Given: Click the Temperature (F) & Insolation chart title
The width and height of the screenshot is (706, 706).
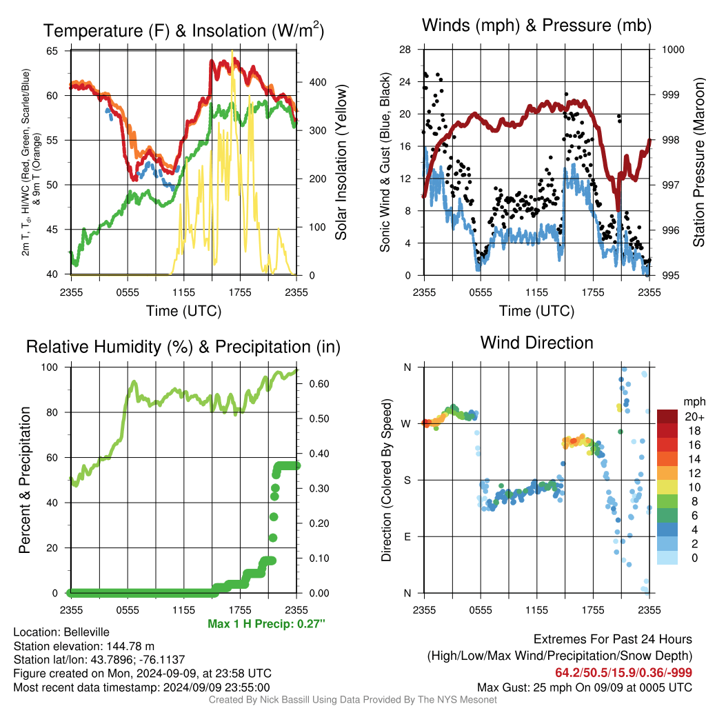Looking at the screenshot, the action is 183,30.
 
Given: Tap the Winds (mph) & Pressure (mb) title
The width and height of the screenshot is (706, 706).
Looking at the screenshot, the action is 536,26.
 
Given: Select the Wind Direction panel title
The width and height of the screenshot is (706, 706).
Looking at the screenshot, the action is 536,343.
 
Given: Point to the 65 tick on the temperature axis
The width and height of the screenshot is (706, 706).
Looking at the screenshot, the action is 52,51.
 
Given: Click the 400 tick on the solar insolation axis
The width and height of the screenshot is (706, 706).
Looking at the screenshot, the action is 318,83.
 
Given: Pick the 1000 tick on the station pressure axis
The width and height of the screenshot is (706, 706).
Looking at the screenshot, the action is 673,50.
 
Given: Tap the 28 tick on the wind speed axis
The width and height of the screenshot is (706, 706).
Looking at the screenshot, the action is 405,50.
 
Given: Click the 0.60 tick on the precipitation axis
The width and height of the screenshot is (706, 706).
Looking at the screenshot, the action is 319,384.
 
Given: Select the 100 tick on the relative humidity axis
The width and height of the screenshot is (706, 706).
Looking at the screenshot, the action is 50,367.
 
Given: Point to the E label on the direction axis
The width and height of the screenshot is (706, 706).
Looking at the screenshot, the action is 407,536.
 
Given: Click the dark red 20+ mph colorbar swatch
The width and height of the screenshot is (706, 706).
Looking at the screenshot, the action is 667,416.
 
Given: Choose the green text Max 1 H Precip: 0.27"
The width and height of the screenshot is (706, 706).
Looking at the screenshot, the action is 266,624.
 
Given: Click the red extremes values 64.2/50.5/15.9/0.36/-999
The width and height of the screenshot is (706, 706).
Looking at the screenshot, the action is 623,673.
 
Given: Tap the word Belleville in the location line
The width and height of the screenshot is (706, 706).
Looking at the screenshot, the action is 86,632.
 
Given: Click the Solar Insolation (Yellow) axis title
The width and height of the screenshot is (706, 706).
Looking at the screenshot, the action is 341,162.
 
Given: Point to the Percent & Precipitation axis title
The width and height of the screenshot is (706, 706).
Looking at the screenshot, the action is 25,480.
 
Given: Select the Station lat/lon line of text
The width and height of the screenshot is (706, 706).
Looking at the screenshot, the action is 99,660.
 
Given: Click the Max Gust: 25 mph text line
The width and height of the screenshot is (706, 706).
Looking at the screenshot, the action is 585,687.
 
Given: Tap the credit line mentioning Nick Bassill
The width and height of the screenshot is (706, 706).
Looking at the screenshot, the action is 352,700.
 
